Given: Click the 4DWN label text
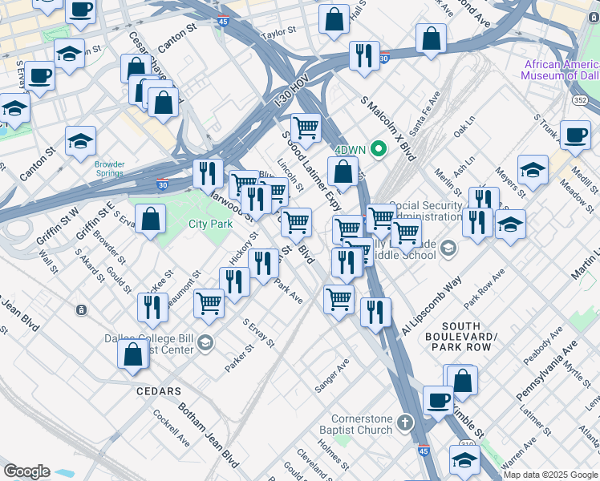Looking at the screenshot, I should pyautogui.click(x=350, y=150).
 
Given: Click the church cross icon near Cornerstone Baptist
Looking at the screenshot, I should pyautogui.click(x=406, y=422).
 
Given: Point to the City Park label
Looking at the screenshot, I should pyautogui.click(x=209, y=224).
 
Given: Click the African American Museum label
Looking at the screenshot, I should pyautogui.click(x=559, y=71).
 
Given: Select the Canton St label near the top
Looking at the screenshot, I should pyautogui.click(x=177, y=38).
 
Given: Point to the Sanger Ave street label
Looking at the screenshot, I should pyautogui.click(x=332, y=375).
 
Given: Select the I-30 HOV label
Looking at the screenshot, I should pyautogui.click(x=286, y=97).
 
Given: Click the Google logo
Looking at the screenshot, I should pyautogui.click(x=26, y=471).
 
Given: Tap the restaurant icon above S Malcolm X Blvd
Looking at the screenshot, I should pyautogui.click(x=364, y=55).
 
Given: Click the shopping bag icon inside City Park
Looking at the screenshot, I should pyautogui.click(x=150, y=218).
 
